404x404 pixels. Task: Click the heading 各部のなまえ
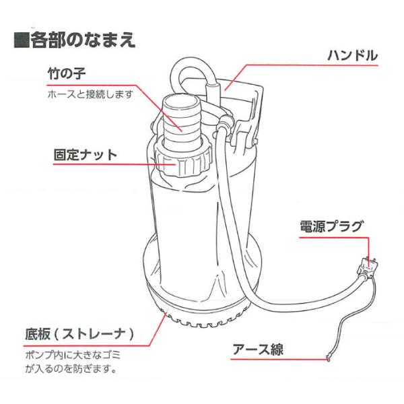coord(83,40)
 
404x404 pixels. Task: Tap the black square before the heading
coord(22,40)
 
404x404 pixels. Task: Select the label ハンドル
coord(352,55)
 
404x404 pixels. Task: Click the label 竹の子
coord(67,73)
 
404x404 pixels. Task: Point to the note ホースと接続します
coord(90,94)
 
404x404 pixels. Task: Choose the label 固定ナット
coord(86,155)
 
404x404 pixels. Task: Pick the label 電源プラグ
coord(331,227)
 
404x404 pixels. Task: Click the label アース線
coord(258,349)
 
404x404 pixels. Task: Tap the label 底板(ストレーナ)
coord(79,334)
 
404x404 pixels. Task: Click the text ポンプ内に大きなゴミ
coord(73,356)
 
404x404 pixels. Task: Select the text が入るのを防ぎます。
coord(71,369)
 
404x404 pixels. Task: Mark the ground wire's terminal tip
coord(328,358)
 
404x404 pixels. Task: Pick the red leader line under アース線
coord(279,358)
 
